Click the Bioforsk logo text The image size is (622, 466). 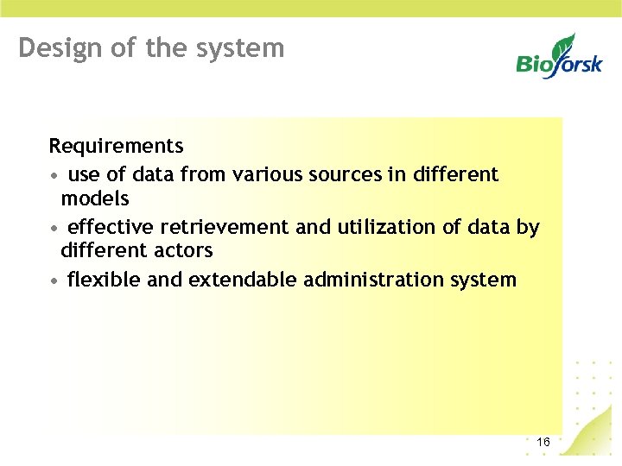(559, 63)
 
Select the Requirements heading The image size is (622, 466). (116, 145)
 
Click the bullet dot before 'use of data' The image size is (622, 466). (54, 175)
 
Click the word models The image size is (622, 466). (95, 198)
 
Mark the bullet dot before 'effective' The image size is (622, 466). (54, 228)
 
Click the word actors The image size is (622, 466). (183, 250)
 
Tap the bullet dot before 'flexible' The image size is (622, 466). (54, 280)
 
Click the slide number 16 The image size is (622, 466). (543, 443)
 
